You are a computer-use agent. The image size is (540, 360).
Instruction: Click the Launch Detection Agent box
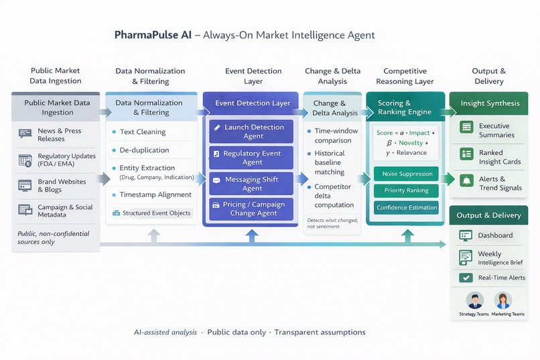(251, 131)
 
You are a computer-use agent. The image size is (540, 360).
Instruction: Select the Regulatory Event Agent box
(251, 158)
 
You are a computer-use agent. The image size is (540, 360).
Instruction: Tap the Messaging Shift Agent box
(251, 184)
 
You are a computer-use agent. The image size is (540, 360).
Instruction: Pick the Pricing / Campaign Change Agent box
(251, 208)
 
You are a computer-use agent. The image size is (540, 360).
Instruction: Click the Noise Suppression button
(407, 174)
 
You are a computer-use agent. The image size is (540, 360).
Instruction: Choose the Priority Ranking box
(407, 191)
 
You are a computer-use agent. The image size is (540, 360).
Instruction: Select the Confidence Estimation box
(407, 208)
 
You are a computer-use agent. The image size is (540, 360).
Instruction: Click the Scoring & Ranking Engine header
(404, 107)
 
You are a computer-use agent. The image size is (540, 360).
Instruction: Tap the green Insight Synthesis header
(489, 103)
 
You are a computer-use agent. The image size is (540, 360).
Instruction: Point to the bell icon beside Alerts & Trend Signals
(466, 180)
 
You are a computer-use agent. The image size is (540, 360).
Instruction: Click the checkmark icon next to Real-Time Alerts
(466, 278)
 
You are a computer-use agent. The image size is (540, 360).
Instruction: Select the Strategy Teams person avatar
(474, 300)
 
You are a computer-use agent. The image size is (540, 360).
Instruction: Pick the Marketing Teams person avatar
(503, 300)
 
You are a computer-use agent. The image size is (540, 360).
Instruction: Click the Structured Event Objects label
(152, 213)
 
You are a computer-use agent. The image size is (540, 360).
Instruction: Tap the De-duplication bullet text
(144, 150)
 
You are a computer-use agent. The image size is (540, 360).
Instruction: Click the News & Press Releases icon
(25, 134)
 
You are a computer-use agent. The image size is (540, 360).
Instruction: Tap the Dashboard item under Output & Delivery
(494, 235)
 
